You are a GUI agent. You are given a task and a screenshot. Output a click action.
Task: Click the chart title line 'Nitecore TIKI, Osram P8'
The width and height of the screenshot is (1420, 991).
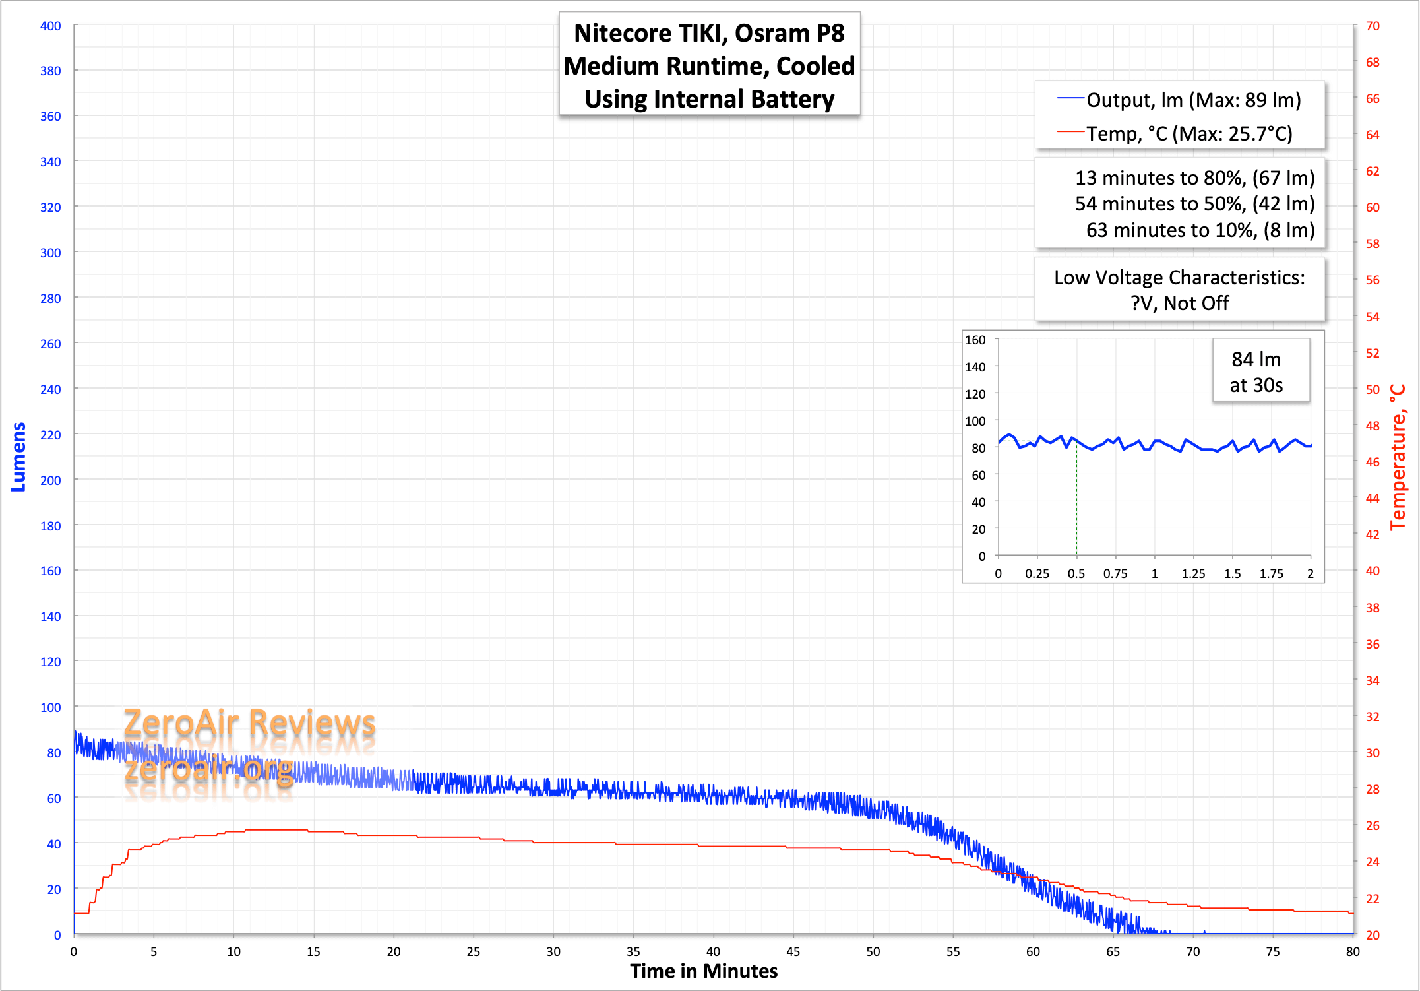pyautogui.click(x=709, y=34)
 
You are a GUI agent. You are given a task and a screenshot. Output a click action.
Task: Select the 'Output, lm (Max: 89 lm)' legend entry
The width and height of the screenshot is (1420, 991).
pyautogui.click(x=1193, y=100)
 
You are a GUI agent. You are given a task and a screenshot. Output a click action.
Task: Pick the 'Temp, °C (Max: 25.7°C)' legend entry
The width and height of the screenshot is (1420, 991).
pyautogui.click(x=1189, y=134)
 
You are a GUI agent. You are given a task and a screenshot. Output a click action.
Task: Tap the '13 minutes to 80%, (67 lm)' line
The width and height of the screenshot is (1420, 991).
pyautogui.click(x=1194, y=178)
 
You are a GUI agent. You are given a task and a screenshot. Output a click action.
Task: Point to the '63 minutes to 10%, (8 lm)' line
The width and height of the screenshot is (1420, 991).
pyautogui.click(x=1200, y=230)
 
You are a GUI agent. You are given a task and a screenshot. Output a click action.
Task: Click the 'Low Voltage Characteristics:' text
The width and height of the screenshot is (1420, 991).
pyautogui.click(x=1179, y=278)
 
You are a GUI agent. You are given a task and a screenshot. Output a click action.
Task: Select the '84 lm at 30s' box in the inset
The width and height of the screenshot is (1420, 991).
pyautogui.click(x=1256, y=372)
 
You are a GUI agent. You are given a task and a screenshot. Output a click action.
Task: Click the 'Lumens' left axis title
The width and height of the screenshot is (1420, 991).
pyautogui.click(x=18, y=457)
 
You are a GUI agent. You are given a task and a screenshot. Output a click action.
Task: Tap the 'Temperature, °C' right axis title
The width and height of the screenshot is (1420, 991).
pyautogui.click(x=1398, y=457)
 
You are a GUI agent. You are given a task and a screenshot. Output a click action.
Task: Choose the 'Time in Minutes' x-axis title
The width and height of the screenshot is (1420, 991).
pyautogui.click(x=704, y=971)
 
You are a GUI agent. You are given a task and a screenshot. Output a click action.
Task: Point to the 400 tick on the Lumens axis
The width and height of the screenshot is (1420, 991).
pyautogui.click(x=51, y=26)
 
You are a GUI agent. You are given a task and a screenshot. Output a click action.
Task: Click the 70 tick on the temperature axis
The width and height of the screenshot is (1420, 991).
pyautogui.click(x=1373, y=26)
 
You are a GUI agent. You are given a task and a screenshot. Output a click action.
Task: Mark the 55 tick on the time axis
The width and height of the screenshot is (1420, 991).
pyautogui.click(x=953, y=952)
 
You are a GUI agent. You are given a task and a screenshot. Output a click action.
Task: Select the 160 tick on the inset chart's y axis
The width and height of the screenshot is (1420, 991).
pyautogui.click(x=975, y=340)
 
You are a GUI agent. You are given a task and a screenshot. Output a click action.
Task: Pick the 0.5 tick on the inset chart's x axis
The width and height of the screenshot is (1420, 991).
pyautogui.click(x=1076, y=574)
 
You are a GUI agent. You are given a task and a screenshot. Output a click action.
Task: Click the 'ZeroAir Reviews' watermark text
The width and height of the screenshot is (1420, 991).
pyautogui.click(x=249, y=723)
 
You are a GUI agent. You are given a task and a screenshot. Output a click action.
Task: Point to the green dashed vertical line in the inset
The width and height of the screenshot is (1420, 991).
pyautogui.click(x=1076, y=501)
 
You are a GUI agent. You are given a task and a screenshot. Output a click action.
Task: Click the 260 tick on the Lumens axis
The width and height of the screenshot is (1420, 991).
pyautogui.click(x=51, y=344)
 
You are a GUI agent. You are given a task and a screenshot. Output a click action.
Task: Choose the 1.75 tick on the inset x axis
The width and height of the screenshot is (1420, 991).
pyautogui.click(x=1271, y=574)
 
